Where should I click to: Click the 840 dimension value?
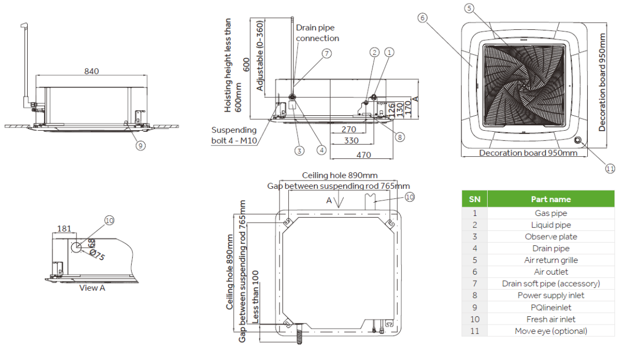click(x=92, y=71)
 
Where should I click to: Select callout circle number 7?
click(x=327, y=54)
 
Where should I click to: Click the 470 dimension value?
click(x=363, y=155)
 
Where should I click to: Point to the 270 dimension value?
click(x=349, y=129)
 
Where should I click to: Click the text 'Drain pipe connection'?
click(x=317, y=33)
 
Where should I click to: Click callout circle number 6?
click(x=422, y=18)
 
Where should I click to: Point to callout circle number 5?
click(x=469, y=8)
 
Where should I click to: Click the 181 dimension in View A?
click(x=64, y=228)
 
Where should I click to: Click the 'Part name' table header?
click(x=550, y=199)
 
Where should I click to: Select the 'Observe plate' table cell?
click(x=550, y=236)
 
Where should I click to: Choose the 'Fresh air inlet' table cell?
click(x=550, y=319)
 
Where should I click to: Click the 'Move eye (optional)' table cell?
click(x=550, y=331)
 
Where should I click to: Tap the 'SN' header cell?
click(x=474, y=199)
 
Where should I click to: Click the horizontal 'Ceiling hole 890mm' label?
click(x=339, y=176)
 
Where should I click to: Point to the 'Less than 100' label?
click(x=255, y=296)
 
